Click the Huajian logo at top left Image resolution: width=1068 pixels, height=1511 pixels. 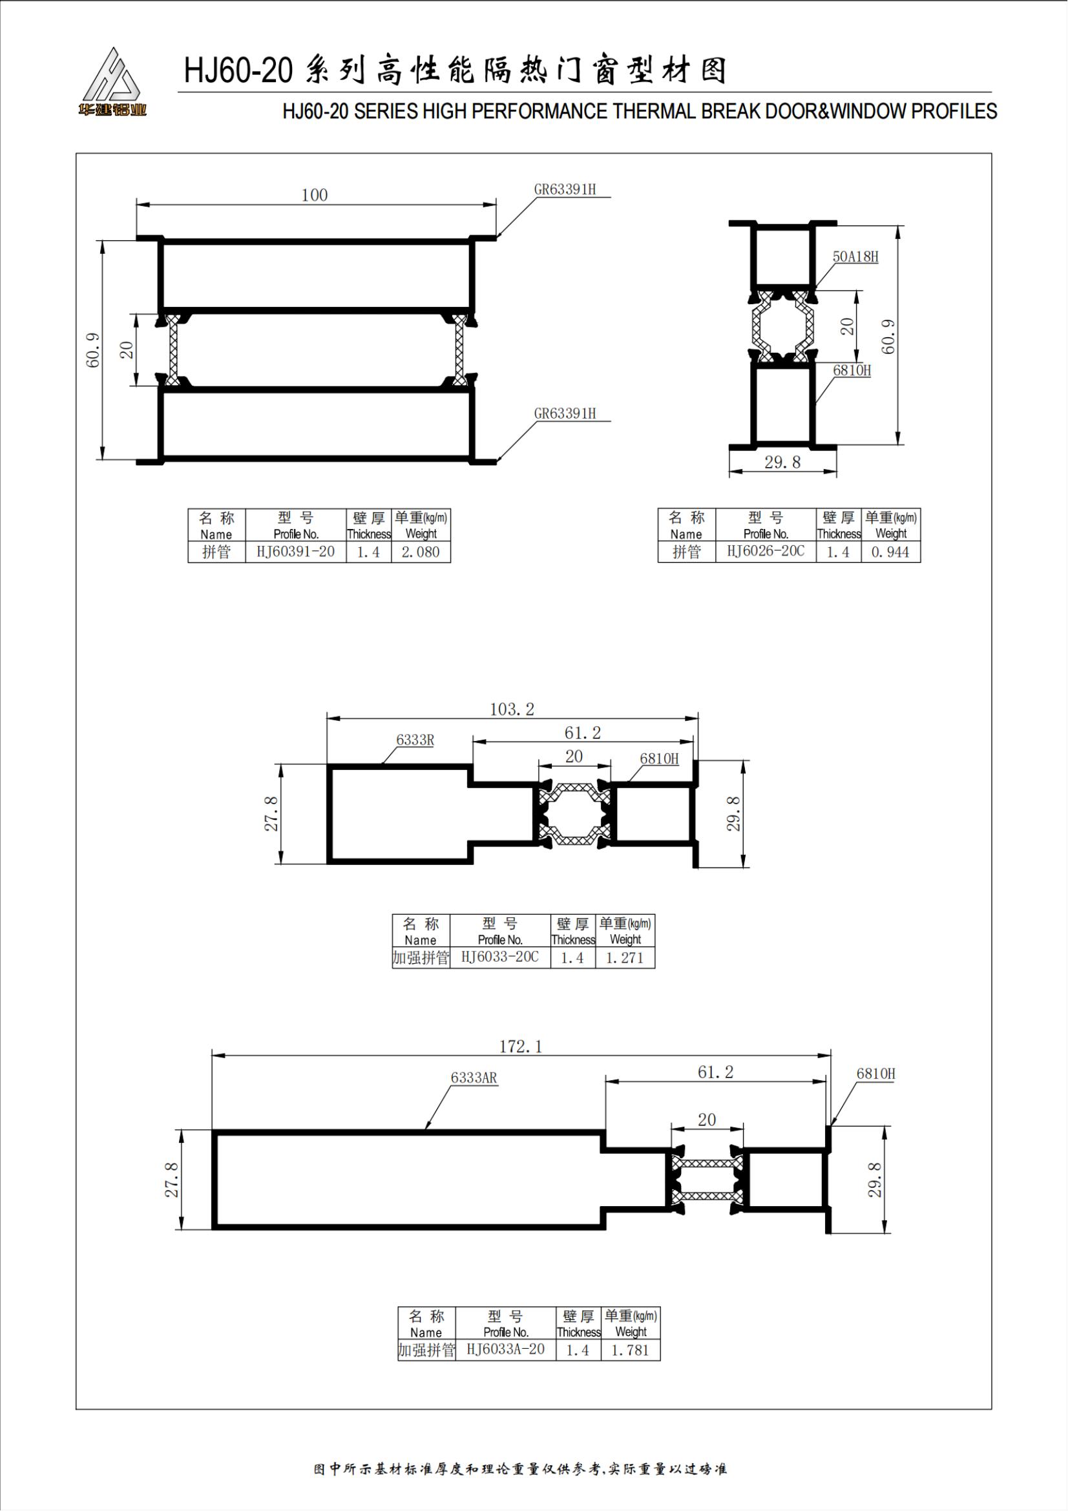click(111, 82)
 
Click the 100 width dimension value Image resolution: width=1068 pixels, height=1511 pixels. click(315, 195)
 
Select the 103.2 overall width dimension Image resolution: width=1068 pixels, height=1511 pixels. click(512, 709)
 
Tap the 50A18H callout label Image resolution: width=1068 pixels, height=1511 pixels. click(855, 256)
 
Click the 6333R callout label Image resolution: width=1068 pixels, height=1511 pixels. click(415, 740)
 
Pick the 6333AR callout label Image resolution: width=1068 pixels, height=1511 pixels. click(474, 1078)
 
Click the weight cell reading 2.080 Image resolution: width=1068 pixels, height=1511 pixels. click(421, 552)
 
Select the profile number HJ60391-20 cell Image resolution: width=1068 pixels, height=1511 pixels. click(295, 552)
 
